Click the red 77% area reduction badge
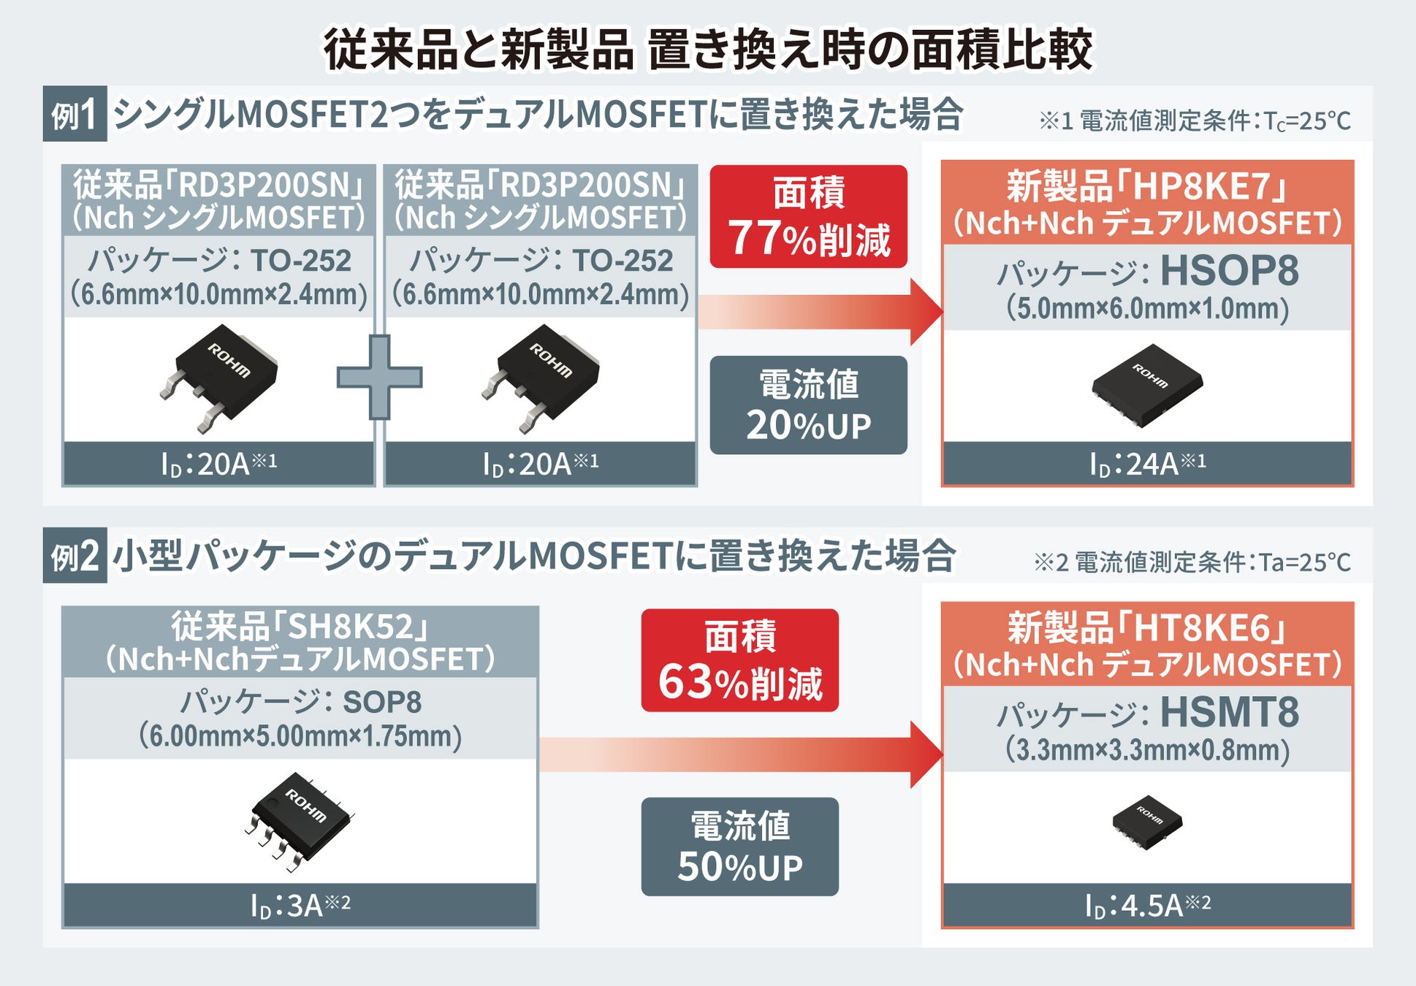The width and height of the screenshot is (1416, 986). point(808,216)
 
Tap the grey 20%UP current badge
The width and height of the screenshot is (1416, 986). point(808,405)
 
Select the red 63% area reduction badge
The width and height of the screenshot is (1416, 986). point(739,660)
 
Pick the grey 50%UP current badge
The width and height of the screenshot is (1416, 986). point(739,846)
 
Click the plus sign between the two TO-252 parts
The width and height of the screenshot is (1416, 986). point(379,378)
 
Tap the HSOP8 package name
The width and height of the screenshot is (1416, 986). point(1229,271)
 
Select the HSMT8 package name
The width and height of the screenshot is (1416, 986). point(1229,712)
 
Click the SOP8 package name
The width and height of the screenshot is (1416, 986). point(382,703)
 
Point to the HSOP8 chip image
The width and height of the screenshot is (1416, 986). point(1147,385)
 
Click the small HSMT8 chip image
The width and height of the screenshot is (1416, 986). point(1147,822)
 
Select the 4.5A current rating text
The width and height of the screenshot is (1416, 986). point(1147,906)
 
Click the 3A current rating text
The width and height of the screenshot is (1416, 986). point(300,906)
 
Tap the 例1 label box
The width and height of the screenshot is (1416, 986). point(75,114)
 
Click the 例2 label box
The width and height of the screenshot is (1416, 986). point(75,556)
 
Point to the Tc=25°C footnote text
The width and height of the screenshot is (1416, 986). point(1195,121)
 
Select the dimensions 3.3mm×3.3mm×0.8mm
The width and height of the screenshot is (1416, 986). point(1147,751)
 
